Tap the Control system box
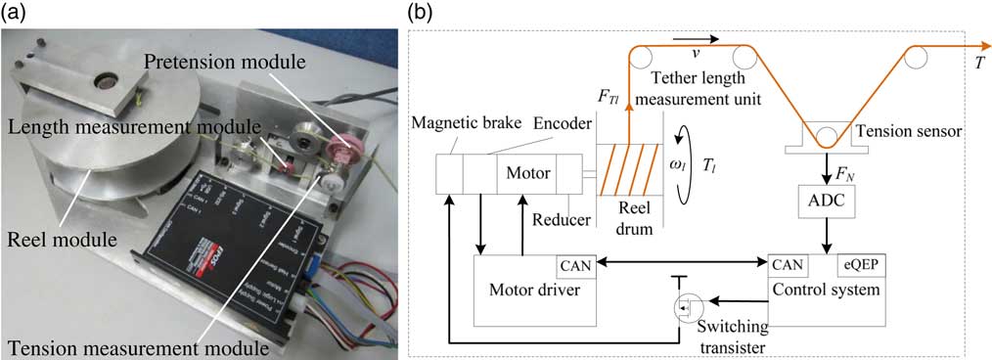pos(826,291)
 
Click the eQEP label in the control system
pos(864,264)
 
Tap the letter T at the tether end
pos(979,63)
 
